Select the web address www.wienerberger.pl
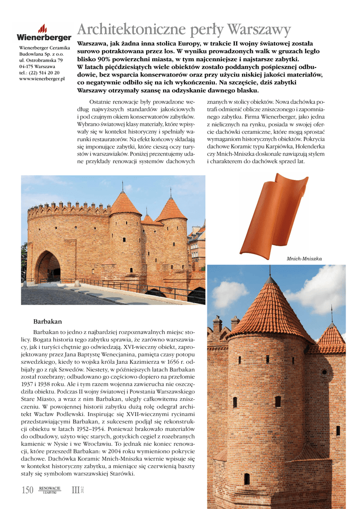point(42,79)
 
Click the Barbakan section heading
point(47,322)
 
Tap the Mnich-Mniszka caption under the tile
point(304,259)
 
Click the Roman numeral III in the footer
point(76,491)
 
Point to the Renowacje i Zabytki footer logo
point(50,491)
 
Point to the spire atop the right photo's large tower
point(270,271)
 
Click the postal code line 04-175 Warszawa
point(37,66)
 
